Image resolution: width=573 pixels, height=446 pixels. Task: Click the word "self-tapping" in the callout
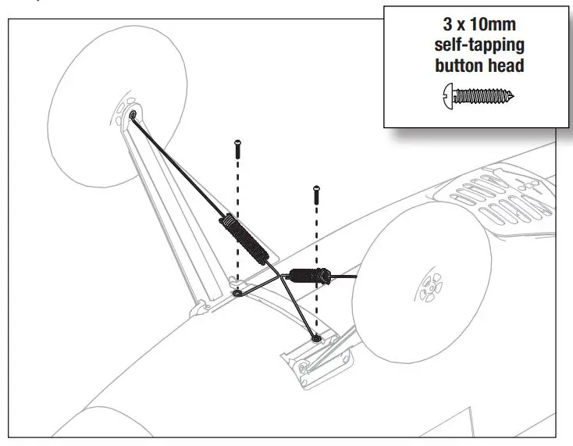click(479, 45)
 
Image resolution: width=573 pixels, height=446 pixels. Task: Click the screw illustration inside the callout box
click(479, 96)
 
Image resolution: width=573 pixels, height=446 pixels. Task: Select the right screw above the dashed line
click(316, 194)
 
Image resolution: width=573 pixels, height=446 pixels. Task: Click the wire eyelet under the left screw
click(237, 295)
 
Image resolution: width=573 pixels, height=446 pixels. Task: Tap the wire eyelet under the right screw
click(315, 337)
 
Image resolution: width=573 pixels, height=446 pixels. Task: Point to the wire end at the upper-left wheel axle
click(133, 116)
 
